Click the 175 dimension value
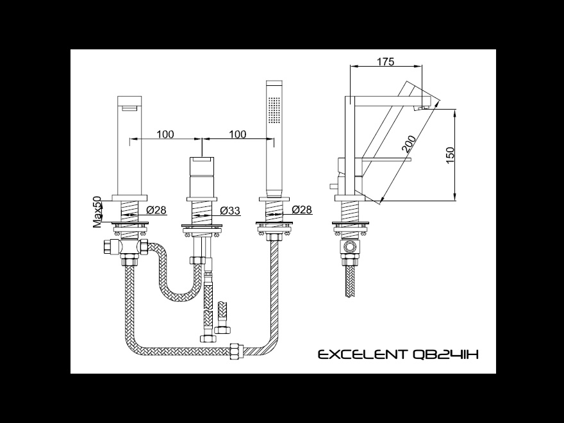(385, 62)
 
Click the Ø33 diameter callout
(229, 210)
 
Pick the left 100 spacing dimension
(165, 134)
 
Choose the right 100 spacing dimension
(237, 134)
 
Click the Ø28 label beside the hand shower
(302, 210)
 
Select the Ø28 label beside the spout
(156, 210)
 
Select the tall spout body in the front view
(131, 147)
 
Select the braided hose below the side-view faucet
(350, 282)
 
